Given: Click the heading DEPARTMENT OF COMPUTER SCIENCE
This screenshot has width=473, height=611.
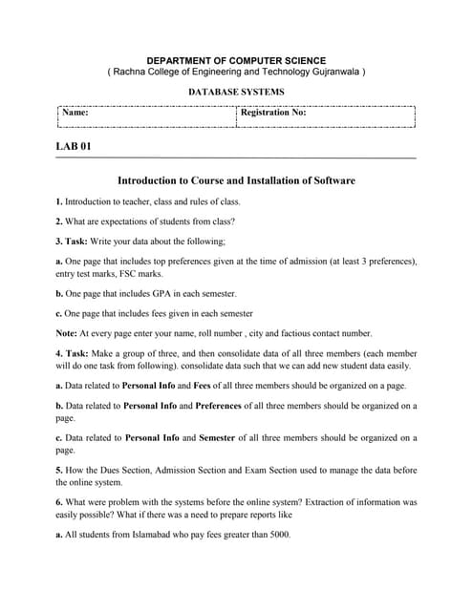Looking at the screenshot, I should [236, 60].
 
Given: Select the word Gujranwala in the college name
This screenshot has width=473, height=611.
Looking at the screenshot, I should [330, 73].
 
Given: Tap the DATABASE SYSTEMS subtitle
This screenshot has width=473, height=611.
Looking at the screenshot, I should [236, 93].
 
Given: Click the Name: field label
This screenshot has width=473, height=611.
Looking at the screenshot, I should [75, 113].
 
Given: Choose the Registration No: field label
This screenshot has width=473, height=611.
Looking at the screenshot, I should [273, 113].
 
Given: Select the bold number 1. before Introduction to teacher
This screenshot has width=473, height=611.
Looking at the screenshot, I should [59, 201].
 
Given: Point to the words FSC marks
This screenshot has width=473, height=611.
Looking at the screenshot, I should [140, 274].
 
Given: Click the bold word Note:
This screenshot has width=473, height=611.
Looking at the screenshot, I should [68, 333].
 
